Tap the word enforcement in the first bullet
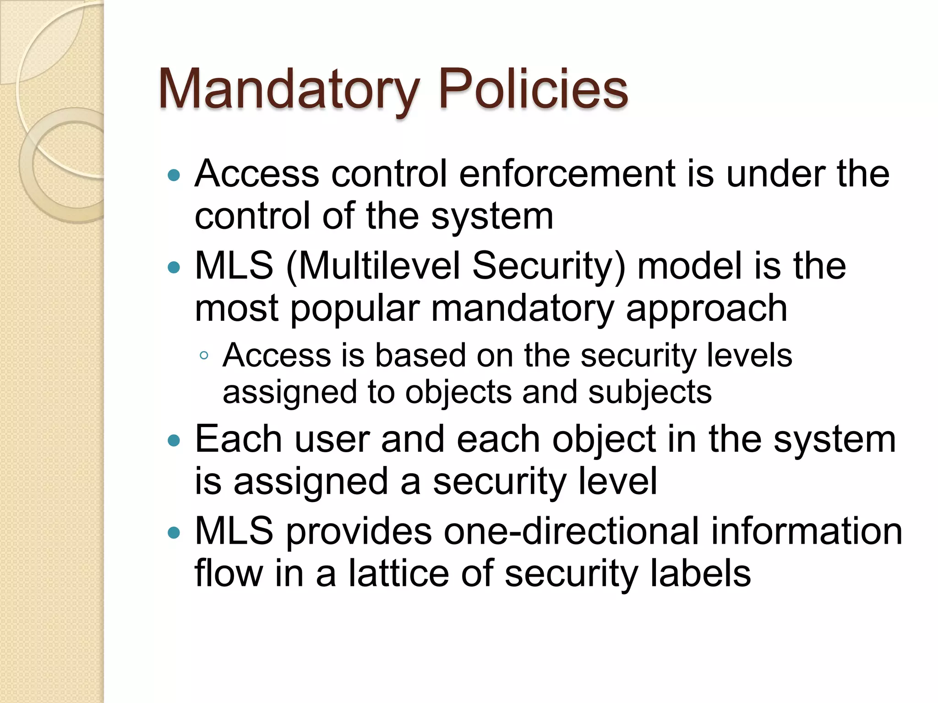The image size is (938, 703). (567, 174)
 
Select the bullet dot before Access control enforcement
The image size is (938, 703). (174, 175)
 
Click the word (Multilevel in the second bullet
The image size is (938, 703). (373, 266)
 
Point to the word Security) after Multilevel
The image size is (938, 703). (549, 266)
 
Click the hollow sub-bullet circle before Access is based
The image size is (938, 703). (204, 356)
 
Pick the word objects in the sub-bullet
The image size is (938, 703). (458, 393)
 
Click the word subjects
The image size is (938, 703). (650, 393)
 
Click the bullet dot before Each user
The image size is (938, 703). (174, 441)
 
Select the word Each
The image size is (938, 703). (238, 439)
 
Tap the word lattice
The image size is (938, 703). (399, 573)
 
